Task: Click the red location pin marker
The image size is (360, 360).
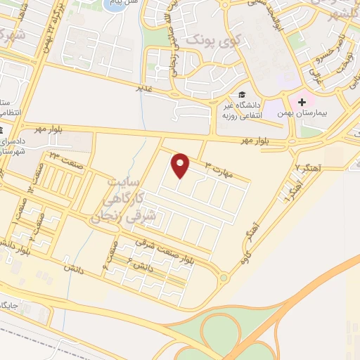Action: point(181,165)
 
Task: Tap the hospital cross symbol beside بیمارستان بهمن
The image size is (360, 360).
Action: point(302,103)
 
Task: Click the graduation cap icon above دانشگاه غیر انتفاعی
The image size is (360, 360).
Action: point(242,95)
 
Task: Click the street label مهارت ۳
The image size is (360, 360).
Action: point(218,167)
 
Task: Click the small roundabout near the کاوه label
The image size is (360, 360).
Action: point(224,278)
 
